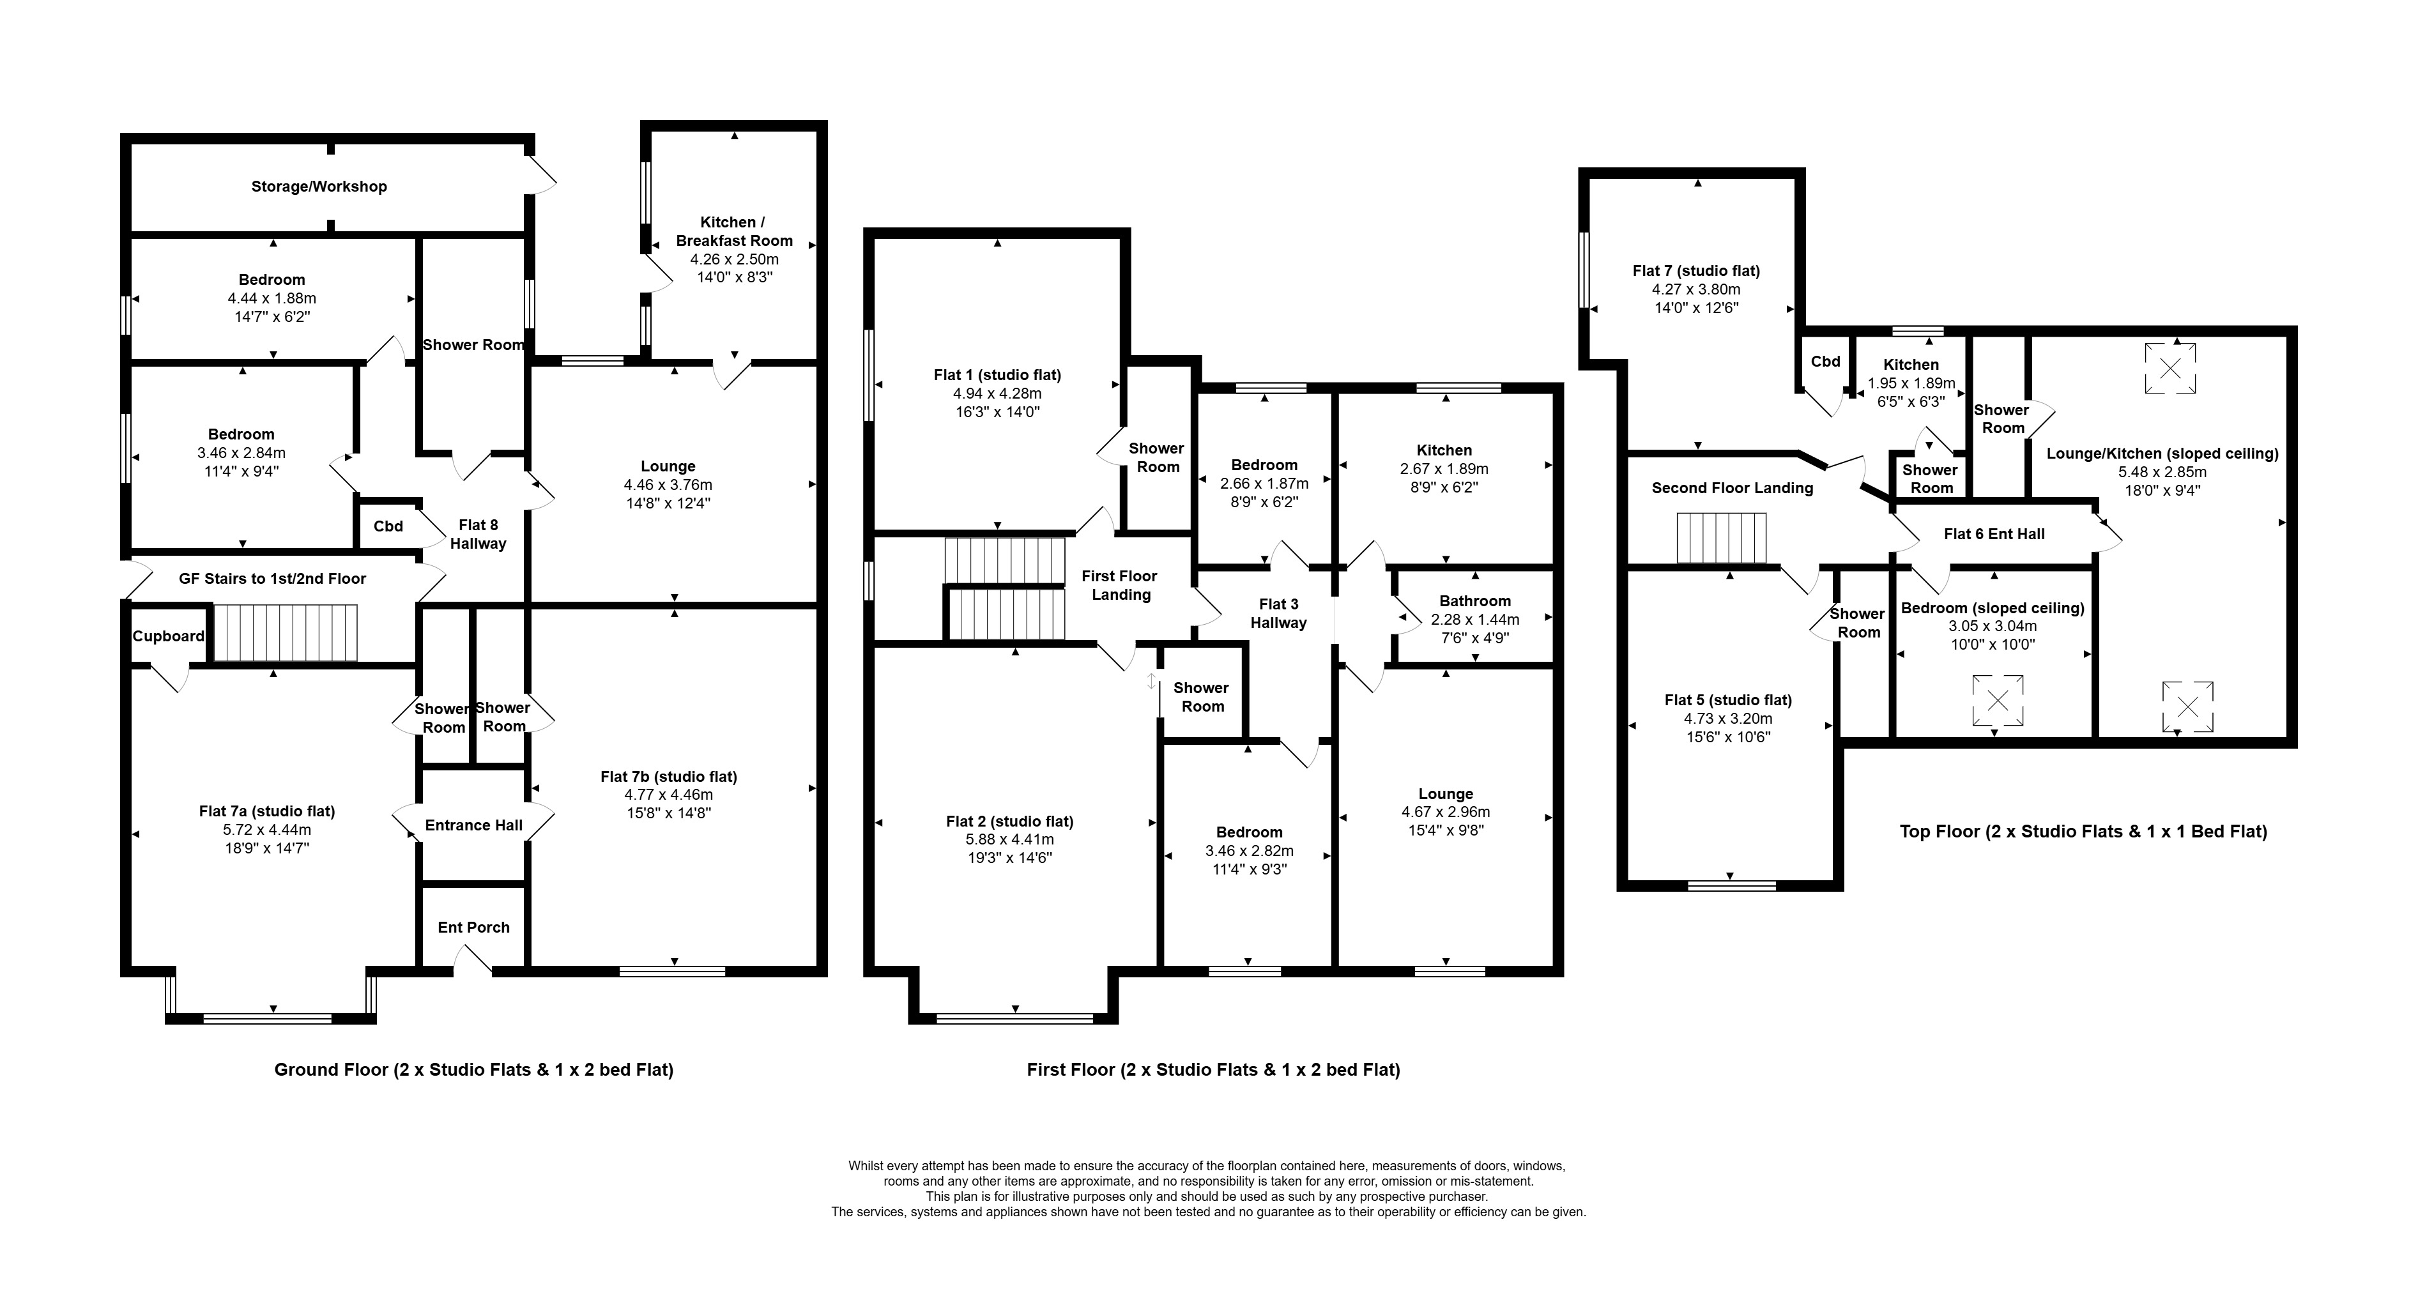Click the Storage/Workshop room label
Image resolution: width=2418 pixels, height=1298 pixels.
(x=319, y=187)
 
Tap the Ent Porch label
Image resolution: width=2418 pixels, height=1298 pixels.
(x=474, y=928)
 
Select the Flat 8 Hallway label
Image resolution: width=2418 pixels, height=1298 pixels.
(x=478, y=534)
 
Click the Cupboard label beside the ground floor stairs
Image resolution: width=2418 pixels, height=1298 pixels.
(x=168, y=636)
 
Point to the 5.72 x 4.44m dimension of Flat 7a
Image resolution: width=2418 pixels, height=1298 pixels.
(x=266, y=830)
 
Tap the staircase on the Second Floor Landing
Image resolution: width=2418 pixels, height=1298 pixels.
(x=1722, y=538)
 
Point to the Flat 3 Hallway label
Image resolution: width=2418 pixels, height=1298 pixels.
(x=1278, y=614)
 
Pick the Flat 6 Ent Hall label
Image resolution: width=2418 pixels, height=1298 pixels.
(x=1994, y=534)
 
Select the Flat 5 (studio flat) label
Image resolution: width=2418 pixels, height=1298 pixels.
(x=1728, y=700)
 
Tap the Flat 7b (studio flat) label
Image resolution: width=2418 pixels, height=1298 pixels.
(x=668, y=776)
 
